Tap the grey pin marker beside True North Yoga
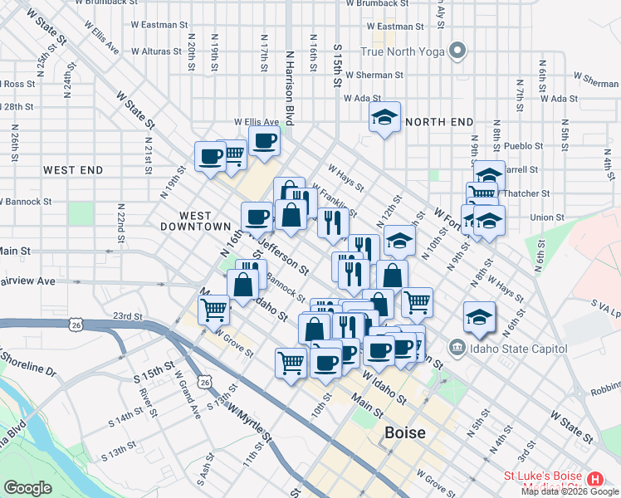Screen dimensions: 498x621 [x=456, y=51]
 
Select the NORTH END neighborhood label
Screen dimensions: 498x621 [x=439, y=122]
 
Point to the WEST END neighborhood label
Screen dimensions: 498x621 [x=73, y=170]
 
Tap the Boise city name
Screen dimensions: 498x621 [x=405, y=433]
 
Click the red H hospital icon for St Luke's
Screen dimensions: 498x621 [x=594, y=480]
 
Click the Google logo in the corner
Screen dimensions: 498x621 [x=27, y=488]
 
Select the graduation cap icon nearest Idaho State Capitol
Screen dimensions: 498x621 [x=478, y=319]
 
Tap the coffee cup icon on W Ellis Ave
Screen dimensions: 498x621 [x=264, y=141]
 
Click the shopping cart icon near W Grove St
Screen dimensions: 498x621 [x=213, y=311]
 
